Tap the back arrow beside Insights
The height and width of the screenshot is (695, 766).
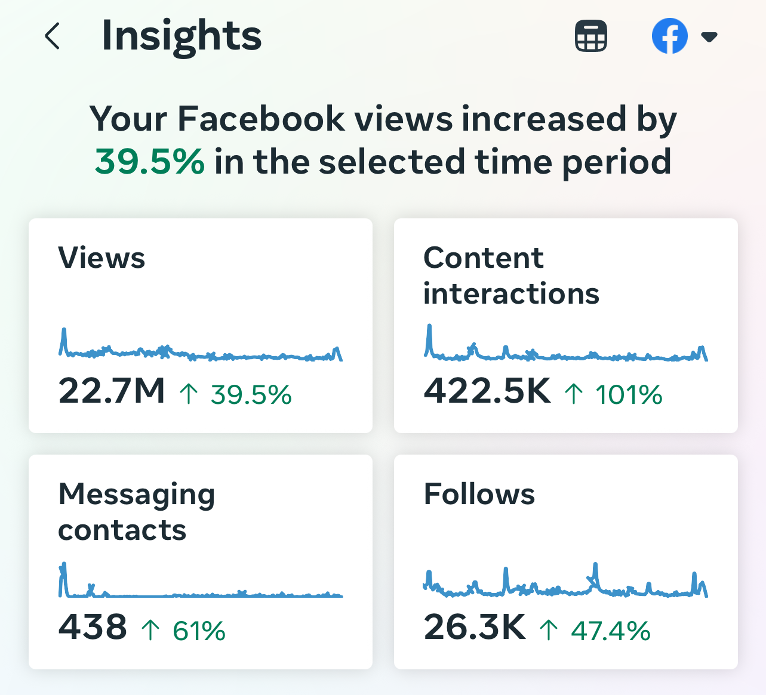[x=53, y=36]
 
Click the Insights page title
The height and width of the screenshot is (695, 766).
[x=181, y=36]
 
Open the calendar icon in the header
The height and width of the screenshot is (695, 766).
[x=590, y=35]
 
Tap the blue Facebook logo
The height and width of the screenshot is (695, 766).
[x=669, y=36]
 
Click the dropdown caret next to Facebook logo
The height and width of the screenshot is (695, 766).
[x=709, y=37]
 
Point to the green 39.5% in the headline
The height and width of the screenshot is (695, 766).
[x=149, y=162]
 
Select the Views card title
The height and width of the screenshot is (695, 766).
[x=101, y=258]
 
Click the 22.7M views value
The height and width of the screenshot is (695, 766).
[x=112, y=390]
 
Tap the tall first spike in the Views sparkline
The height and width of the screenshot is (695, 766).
[x=64, y=330]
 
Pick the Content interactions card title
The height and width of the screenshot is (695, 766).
[x=511, y=276]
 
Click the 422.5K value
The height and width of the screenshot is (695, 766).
[x=487, y=390]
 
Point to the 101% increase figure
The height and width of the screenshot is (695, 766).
[x=629, y=394]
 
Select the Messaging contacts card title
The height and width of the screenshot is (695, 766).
[x=136, y=511]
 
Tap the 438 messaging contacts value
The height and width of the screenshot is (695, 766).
[x=93, y=626]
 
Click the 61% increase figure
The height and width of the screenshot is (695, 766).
[x=199, y=631]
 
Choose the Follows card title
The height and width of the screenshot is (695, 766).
[x=479, y=493]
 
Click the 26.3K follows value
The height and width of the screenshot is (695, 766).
[x=475, y=626]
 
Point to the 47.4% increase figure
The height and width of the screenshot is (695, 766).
[x=611, y=631]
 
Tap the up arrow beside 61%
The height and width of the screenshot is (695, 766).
[x=150, y=630]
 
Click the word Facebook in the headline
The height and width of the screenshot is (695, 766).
[x=261, y=119]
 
